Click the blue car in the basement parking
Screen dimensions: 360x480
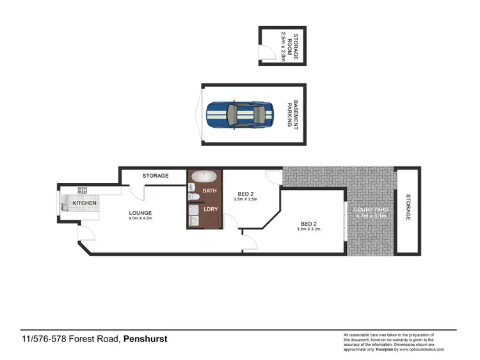click(240, 115)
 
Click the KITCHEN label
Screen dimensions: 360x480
click(84, 203)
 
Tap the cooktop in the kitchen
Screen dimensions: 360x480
click(83, 190)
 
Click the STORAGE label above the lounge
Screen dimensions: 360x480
click(156, 176)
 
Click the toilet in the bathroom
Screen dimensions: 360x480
click(193, 187)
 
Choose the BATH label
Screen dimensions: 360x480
click(209, 191)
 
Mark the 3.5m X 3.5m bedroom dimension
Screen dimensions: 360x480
click(246, 200)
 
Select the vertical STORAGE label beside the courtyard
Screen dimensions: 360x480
click(408, 208)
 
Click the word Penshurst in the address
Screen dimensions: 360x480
click(145, 340)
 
